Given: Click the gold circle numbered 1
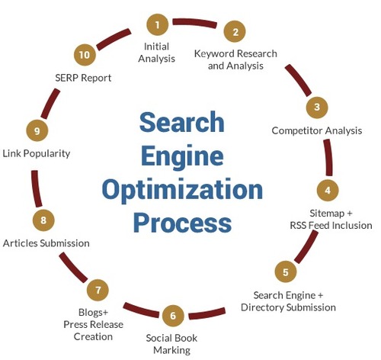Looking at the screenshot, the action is coord(158,24).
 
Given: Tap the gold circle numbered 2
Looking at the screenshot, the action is coord(235,31).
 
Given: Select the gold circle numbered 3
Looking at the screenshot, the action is coord(317,108).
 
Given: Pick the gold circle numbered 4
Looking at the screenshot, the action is coord(328,190).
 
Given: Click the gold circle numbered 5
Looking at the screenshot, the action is coord(286,272).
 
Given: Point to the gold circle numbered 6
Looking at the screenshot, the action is coord(173,316).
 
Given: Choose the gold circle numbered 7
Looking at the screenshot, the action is coord(98,290).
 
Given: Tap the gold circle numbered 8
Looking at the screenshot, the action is coord(43,220).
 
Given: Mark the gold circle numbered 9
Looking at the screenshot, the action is coord(37,130).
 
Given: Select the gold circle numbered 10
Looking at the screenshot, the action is coord(85,55).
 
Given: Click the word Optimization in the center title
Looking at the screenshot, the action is coord(182,191).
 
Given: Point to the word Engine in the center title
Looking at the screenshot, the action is coord(182,156).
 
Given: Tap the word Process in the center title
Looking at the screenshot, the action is coord(182,222).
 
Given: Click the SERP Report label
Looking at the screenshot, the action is coord(83,78).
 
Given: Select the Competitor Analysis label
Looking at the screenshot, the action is coord(317,130).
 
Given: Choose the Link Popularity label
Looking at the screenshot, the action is coord(37,153).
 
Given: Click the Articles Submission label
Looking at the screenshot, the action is coord(46,243).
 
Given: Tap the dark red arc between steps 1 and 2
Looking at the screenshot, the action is coord(195,23).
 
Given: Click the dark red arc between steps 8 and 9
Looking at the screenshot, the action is coord(36,188).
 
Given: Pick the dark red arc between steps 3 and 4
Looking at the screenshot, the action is coord(328,157).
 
